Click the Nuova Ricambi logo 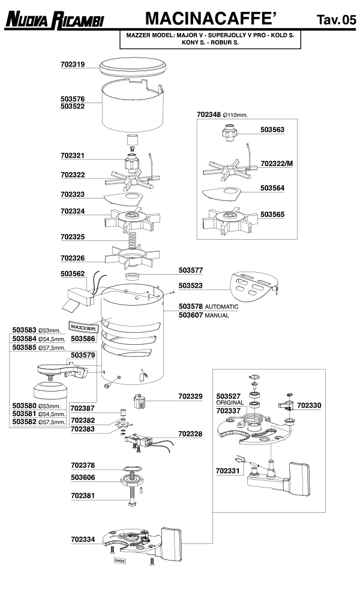[55, 20]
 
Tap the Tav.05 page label [336, 20]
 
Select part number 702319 [73, 64]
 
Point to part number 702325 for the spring [73, 237]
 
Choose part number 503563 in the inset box [272, 129]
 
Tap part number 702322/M [277, 163]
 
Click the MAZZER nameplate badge [84, 327]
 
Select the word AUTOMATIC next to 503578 [221, 306]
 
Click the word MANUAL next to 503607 [217, 315]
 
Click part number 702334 [83, 539]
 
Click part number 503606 [83, 478]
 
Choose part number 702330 [309, 405]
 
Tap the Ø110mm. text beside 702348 [235, 114]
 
